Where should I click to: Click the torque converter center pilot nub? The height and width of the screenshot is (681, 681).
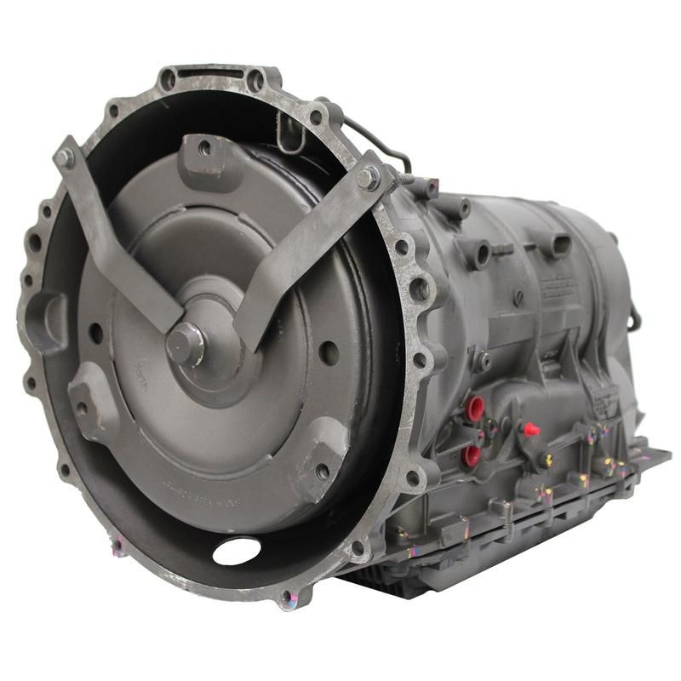coord(182,342)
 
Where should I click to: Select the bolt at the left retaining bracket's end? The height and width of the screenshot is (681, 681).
coord(66,157)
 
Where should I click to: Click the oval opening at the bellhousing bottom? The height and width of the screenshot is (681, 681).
coord(237,551)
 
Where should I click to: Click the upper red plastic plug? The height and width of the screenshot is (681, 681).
coord(475,407)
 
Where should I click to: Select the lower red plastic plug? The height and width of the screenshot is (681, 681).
coord(471,456)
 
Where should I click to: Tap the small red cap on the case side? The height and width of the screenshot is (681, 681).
coord(531,429)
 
